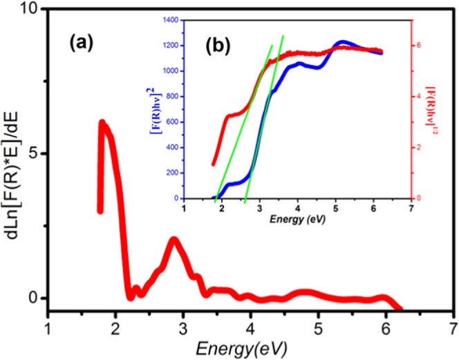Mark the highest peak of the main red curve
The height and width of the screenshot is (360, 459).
click(102, 124)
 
